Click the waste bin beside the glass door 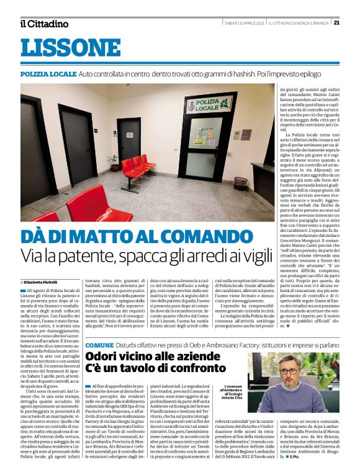(x=241, y=183)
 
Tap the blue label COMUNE (x=99, y=344)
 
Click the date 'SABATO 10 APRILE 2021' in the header (x=245, y=22)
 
